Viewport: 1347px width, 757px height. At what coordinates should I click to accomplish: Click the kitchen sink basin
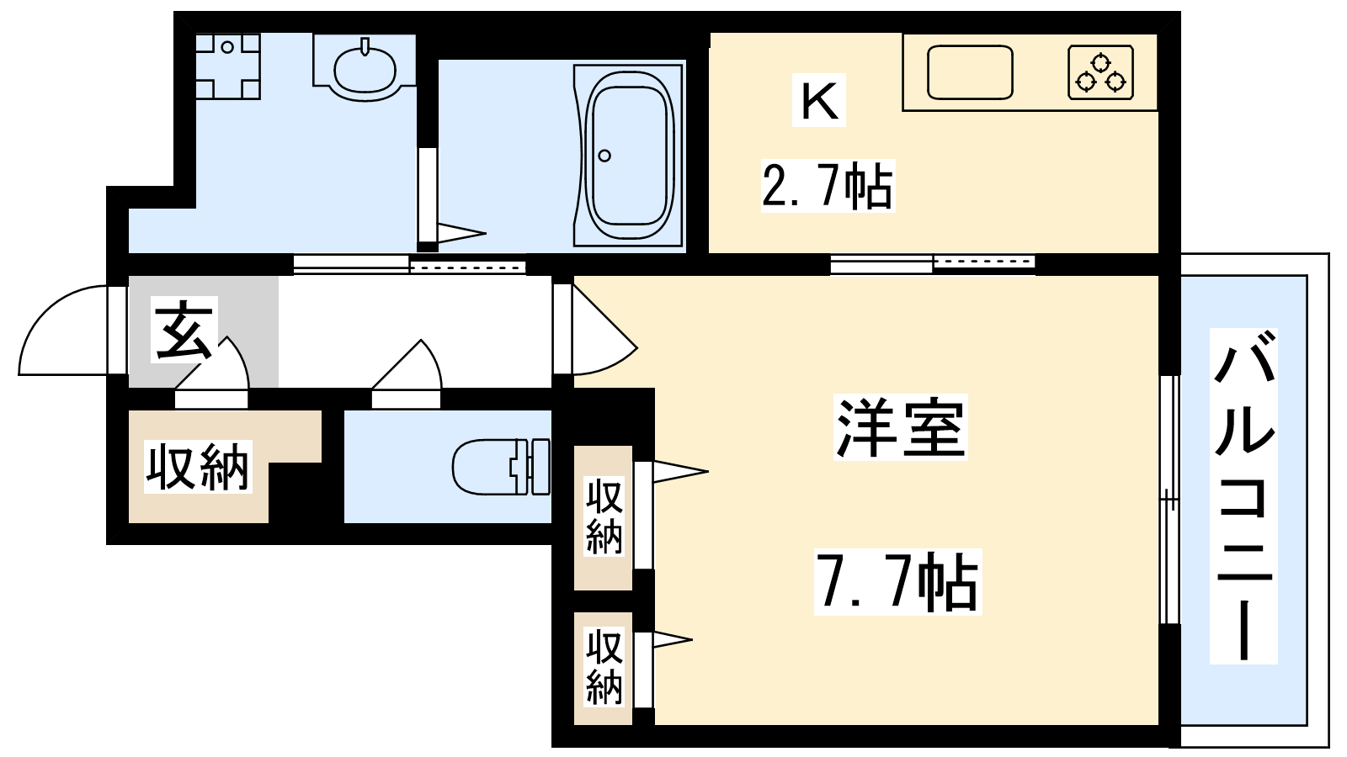(970, 72)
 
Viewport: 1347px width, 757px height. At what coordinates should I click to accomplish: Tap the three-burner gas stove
(1100, 72)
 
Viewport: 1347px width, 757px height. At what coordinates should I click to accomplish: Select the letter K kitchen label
(819, 100)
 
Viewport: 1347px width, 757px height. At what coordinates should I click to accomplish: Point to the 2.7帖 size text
(828, 186)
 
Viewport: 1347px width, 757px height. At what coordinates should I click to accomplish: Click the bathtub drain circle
(605, 156)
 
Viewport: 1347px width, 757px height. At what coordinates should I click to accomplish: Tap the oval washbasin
(365, 68)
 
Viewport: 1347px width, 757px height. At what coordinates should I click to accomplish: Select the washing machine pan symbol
(228, 66)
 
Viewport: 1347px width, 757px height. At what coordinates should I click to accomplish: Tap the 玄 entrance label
(184, 331)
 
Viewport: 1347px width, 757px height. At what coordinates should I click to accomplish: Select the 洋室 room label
(901, 427)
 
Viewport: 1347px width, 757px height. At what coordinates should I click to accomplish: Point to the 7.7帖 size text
(897, 581)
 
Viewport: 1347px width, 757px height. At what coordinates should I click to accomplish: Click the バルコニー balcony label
(1243, 495)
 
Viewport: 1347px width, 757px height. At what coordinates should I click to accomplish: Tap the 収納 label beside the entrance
(198, 467)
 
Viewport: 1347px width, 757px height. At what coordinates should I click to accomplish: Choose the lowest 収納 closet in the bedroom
(603, 668)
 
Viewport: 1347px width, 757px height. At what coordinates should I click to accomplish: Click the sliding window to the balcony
(1169, 500)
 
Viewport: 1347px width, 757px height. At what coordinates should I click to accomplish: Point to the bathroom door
(428, 194)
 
